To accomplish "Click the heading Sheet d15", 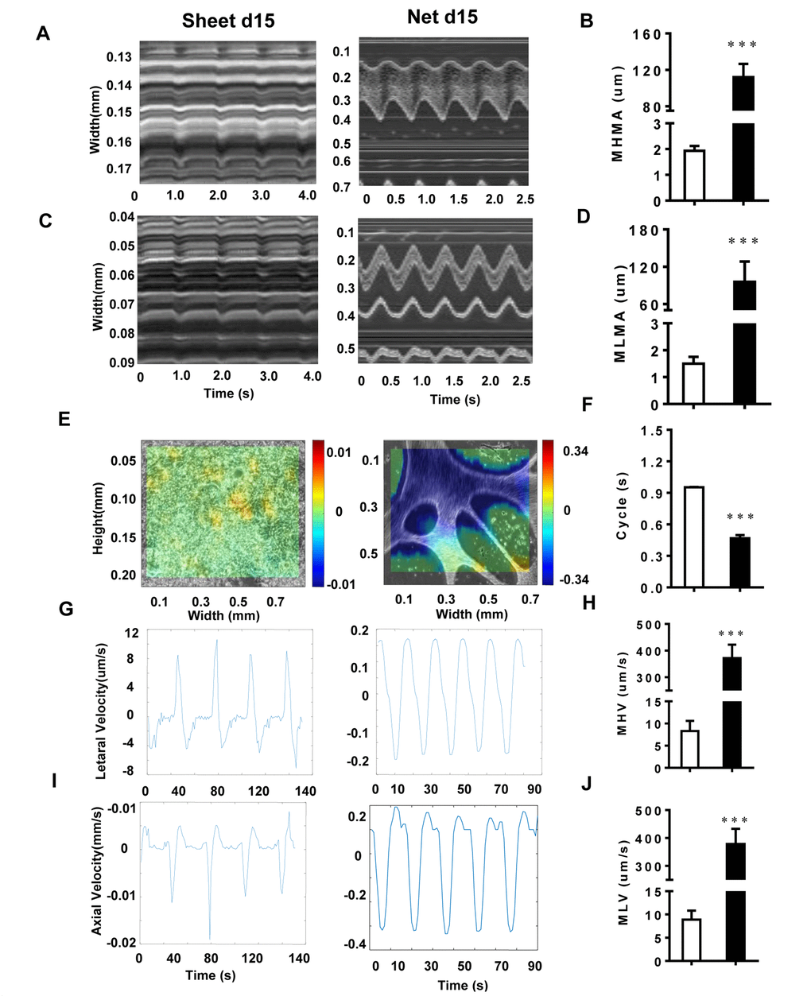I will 228,21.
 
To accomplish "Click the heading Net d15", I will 442,17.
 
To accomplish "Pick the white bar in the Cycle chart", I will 693,537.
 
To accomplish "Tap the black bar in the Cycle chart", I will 739,562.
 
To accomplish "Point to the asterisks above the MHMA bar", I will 742,45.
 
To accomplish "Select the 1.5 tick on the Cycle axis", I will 652,431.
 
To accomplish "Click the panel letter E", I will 64,419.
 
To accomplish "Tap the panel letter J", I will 586,783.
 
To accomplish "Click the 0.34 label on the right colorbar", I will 576,451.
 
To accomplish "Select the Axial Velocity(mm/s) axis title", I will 96,870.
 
